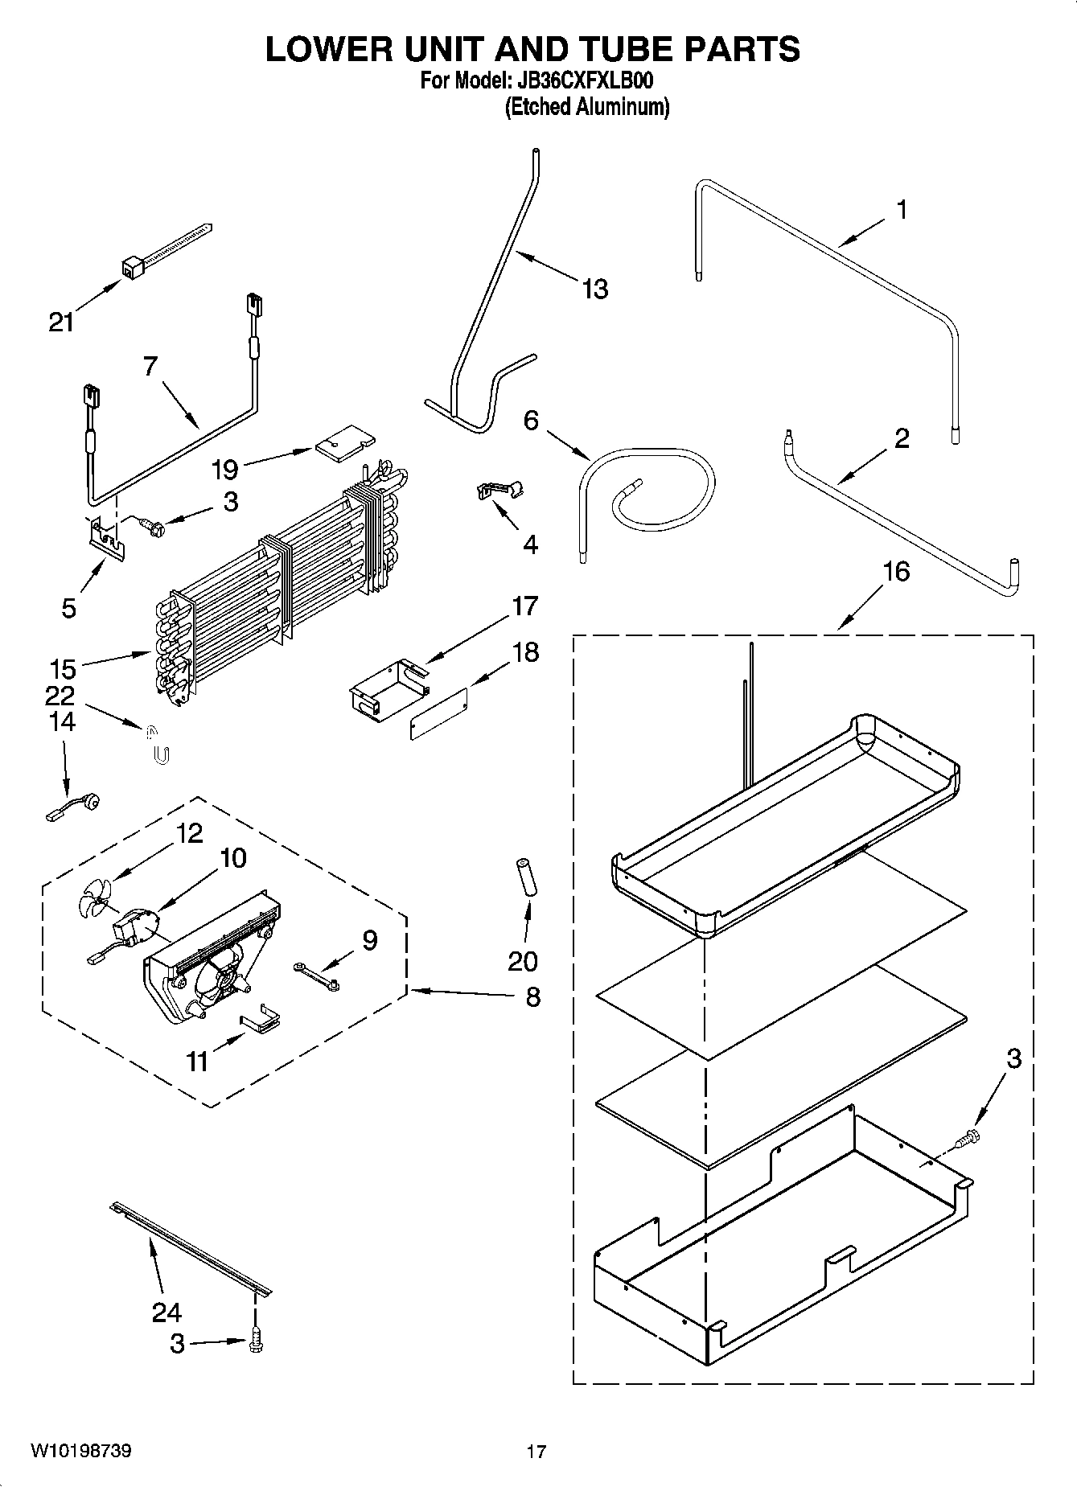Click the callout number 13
coord(594,289)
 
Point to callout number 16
coord(896,572)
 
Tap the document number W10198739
coord(81,1451)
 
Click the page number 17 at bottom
coord(536,1452)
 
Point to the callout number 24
coord(166,1313)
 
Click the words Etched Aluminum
coord(586,106)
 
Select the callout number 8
coord(532,997)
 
